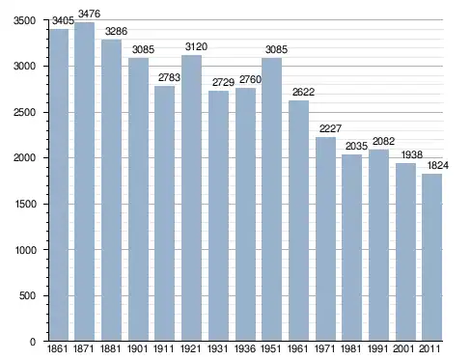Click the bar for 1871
click(84, 181)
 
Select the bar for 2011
click(431, 258)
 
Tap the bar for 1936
click(245, 214)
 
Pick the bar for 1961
click(298, 221)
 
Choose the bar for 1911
click(164, 213)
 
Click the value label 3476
click(89, 14)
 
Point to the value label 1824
click(438, 165)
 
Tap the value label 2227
click(330, 128)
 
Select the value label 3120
click(196, 46)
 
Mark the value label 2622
click(303, 92)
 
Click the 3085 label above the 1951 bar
click(276, 49)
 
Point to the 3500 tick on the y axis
click(24, 20)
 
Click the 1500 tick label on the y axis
click(25, 204)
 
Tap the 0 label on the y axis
click(33, 342)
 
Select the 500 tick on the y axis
click(27, 295)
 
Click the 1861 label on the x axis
click(57, 348)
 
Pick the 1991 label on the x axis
click(377, 348)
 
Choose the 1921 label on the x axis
click(190, 348)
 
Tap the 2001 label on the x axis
click(404, 348)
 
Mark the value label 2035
click(356, 147)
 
